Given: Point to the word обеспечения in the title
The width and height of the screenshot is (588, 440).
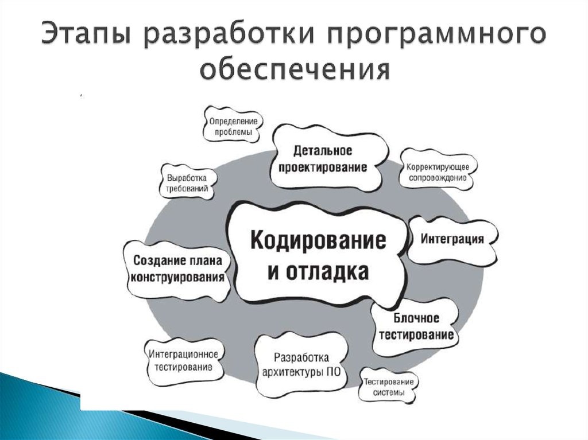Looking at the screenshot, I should (x=295, y=71).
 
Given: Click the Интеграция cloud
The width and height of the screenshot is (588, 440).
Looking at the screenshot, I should (x=452, y=239).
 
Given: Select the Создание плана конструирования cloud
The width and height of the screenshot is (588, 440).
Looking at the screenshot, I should (x=177, y=268).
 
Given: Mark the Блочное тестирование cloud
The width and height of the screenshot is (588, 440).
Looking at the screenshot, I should (x=416, y=326).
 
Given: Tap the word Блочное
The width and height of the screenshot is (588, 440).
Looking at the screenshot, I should (x=416, y=318).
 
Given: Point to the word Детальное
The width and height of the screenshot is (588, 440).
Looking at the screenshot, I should (x=322, y=150).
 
